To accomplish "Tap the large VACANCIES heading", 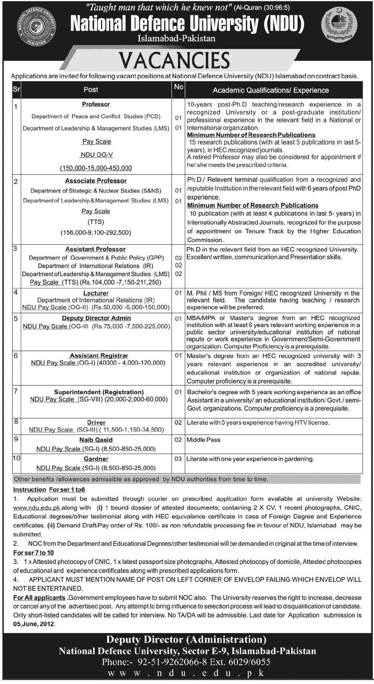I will click(175, 61).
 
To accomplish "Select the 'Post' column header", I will click(91, 90).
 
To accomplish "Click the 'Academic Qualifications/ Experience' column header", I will click(270, 90).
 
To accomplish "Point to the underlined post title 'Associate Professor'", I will click(96, 181).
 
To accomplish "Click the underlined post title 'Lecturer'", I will click(96, 293).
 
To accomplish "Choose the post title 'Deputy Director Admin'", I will click(96, 318).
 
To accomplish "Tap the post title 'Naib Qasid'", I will click(96, 440).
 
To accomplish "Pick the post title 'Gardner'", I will click(96, 459).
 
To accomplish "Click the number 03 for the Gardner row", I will click(178, 459).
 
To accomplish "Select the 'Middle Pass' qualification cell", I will click(204, 440).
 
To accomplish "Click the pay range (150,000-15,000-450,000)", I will click(96, 168).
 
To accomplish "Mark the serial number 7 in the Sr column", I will click(16, 391).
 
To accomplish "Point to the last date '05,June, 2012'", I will click(34, 624).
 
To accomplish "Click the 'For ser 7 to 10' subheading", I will click(33, 552).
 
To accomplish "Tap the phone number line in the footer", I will click(186, 662).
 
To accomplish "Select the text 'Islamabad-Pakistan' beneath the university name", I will click(176, 39).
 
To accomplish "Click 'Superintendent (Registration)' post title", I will click(99, 392).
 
